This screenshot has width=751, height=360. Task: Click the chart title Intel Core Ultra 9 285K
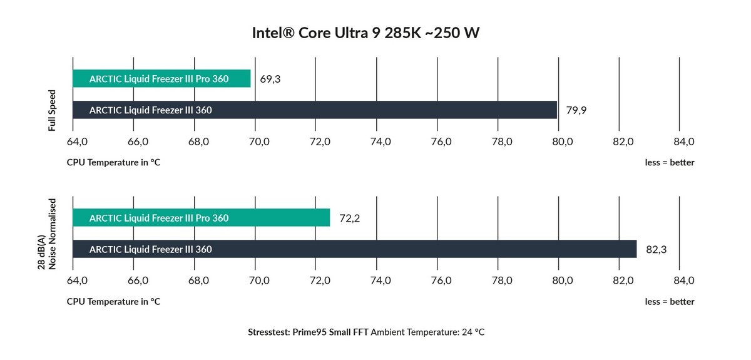(x=365, y=33)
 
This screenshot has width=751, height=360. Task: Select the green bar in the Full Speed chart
(x=161, y=79)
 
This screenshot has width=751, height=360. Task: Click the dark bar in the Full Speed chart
(x=315, y=110)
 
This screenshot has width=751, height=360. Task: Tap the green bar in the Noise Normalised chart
(x=201, y=218)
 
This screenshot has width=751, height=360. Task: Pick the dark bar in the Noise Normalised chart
(x=354, y=249)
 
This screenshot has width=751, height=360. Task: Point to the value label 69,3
(x=270, y=80)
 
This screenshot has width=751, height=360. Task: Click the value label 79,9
(x=576, y=111)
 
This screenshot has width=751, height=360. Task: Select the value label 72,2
(x=349, y=219)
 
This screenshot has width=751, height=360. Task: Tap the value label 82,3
(x=656, y=250)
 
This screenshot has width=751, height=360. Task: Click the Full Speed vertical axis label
(x=53, y=110)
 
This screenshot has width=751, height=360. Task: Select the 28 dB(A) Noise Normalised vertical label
(x=47, y=234)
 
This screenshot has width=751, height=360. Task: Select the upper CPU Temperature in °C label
(x=113, y=163)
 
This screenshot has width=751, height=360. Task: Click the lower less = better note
(x=670, y=302)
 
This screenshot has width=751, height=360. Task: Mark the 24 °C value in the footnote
(x=473, y=332)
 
